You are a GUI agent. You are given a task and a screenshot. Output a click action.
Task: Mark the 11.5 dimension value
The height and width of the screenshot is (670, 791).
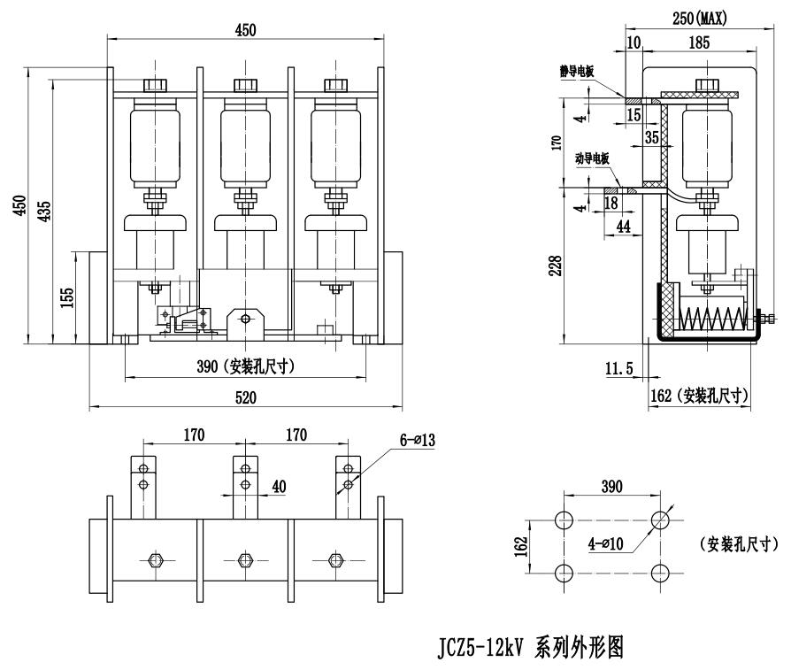[x=619, y=369]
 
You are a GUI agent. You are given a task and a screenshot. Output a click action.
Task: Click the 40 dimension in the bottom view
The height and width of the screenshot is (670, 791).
[x=280, y=487]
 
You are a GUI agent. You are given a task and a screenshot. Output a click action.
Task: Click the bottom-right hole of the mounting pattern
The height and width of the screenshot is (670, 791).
[x=659, y=573]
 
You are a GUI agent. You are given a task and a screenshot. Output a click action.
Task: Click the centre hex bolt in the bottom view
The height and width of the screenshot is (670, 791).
[x=246, y=559]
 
